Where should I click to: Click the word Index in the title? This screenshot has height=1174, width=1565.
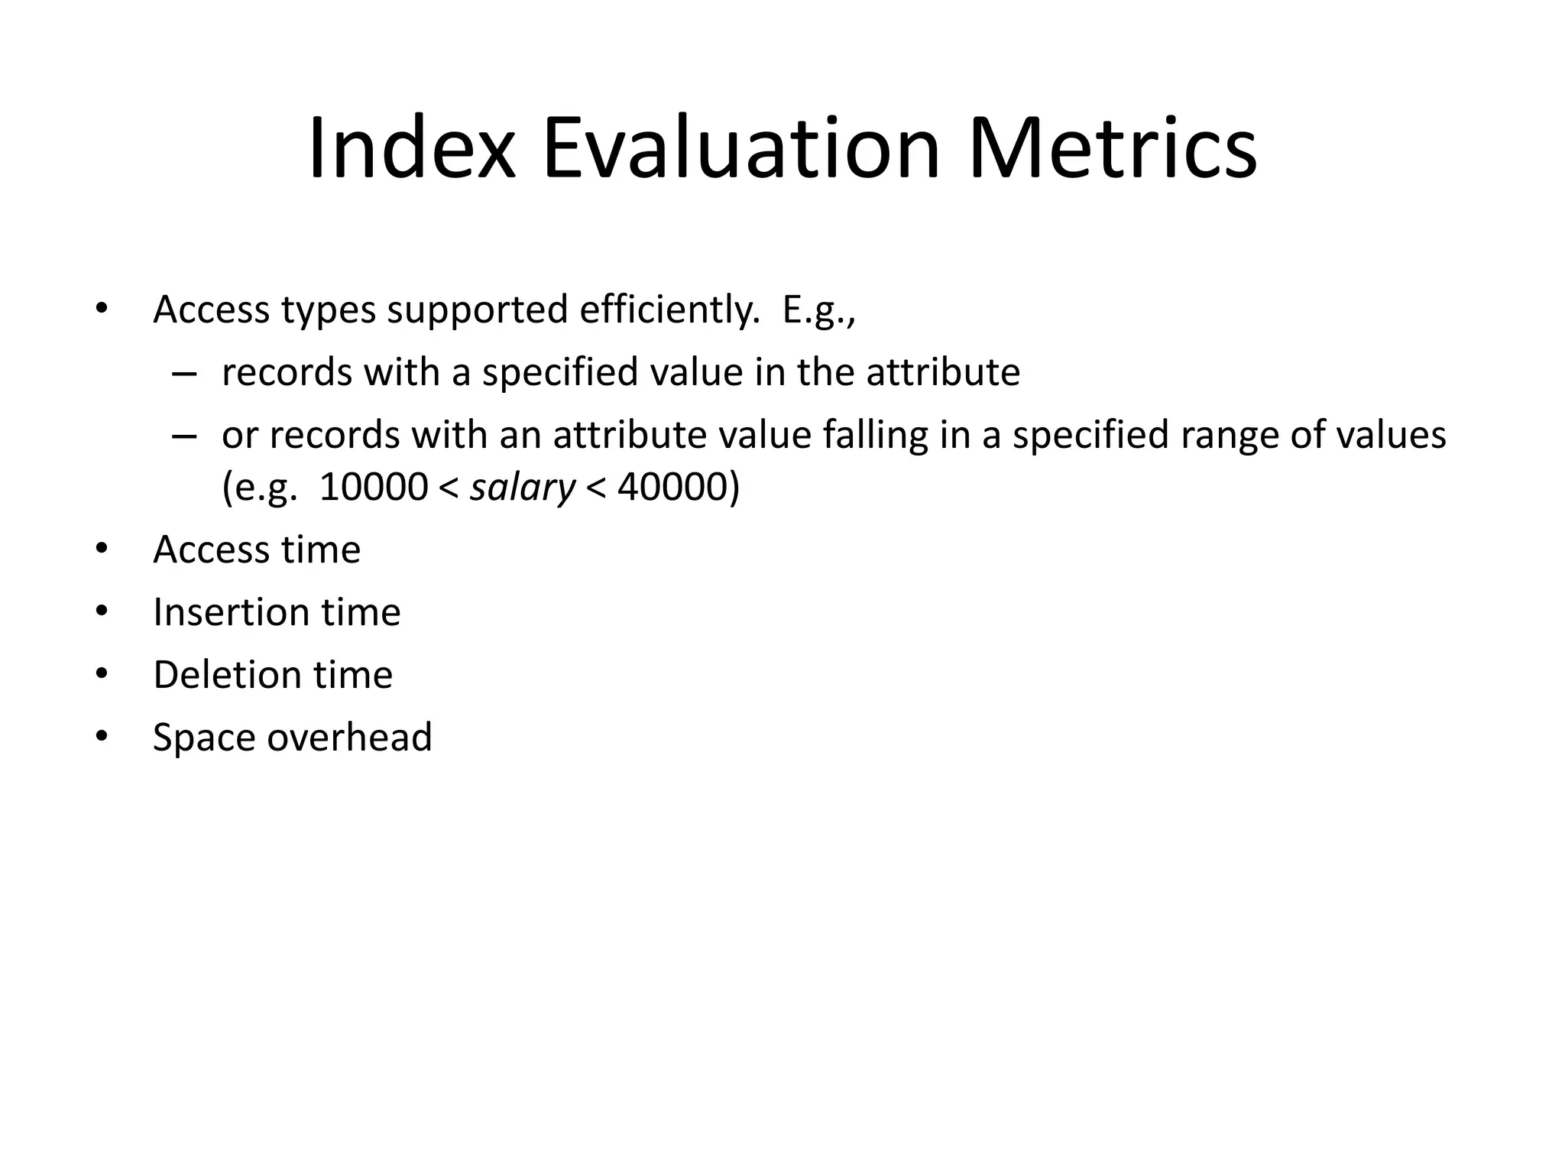click(412, 149)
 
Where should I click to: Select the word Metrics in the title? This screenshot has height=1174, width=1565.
click(1112, 149)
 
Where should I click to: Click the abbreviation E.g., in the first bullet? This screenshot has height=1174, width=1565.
click(818, 311)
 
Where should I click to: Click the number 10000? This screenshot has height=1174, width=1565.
click(373, 487)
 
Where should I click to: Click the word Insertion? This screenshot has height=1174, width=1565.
click(231, 612)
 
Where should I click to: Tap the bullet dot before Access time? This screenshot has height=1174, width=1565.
click(102, 550)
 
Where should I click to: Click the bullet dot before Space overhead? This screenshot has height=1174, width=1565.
click(102, 738)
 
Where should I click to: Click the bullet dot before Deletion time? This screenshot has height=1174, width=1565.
click(102, 675)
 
